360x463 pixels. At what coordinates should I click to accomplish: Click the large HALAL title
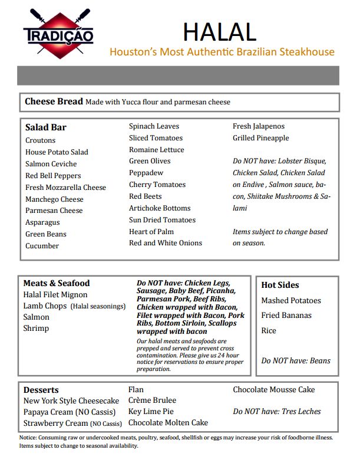click(x=219, y=31)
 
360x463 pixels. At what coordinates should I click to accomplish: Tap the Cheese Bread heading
click(x=54, y=101)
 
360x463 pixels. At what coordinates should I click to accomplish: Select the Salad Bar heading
click(x=45, y=127)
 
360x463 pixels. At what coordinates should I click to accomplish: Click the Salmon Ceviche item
click(x=51, y=163)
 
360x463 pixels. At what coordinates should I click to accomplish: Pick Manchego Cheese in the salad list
click(x=54, y=199)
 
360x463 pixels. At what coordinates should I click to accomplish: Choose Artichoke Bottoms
click(x=160, y=208)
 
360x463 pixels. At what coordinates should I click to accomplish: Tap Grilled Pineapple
click(x=260, y=138)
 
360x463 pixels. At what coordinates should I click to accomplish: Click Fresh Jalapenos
click(x=258, y=126)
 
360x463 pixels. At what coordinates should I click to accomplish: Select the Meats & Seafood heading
click(x=57, y=283)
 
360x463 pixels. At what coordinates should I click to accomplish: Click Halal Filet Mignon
click(x=55, y=294)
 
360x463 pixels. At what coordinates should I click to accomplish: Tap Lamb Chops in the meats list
click(x=45, y=306)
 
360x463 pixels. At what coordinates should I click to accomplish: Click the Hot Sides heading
click(x=280, y=285)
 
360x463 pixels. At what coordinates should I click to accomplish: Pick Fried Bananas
click(x=286, y=316)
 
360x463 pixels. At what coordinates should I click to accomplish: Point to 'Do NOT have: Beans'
click(x=296, y=360)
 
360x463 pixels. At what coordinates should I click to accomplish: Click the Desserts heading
click(x=41, y=390)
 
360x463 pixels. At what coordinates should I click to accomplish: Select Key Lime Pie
click(x=151, y=412)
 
